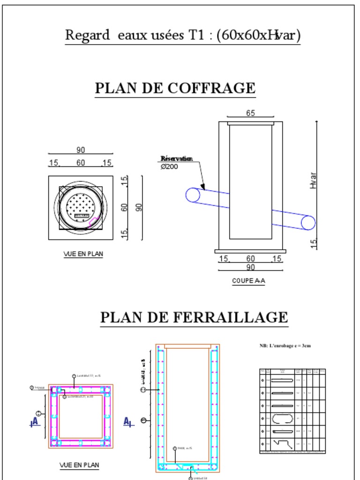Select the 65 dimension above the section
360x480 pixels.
click(x=250, y=113)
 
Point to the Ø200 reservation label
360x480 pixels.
click(x=169, y=166)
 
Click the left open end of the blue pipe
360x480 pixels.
click(x=193, y=195)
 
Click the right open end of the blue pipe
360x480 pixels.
click(x=308, y=223)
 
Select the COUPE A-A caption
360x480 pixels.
click(x=248, y=281)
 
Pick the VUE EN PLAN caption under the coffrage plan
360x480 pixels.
click(x=83, y=254)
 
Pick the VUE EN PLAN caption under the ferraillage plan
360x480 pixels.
click(x=79, y=465)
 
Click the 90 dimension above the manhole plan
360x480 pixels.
click(x=81, y=150)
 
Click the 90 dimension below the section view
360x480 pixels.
click(x=250, y=267)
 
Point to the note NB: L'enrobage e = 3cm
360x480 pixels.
click(x=285, y=345)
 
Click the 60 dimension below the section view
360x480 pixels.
click(x=250, y=259)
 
